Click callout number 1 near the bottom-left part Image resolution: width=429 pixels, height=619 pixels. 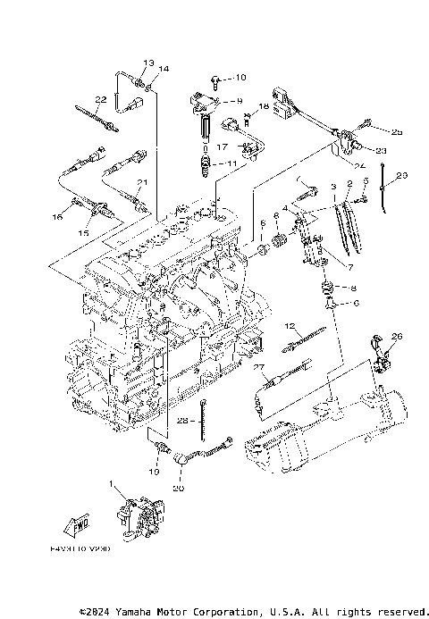point(112,485)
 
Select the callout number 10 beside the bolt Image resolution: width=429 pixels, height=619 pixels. point(240,79)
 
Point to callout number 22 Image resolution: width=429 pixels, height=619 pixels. point(101,99)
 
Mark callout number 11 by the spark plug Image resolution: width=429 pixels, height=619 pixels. point(232,163)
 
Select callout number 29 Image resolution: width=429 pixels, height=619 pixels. point(401,176)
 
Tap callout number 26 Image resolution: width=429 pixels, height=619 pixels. point(398,336)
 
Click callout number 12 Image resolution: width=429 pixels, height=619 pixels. point(290,325)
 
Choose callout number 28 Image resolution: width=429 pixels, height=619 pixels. point(181,420)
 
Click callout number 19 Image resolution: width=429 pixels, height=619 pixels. point(154,471)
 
